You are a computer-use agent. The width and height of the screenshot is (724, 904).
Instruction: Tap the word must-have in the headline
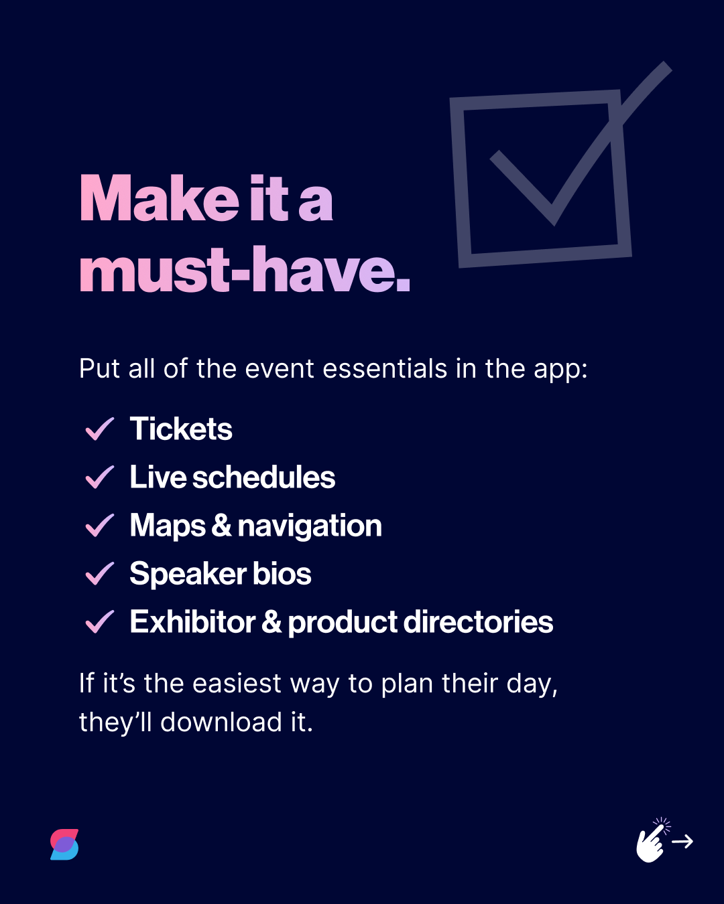(244, 270)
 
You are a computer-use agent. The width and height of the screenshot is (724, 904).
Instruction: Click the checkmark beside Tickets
(100, 429)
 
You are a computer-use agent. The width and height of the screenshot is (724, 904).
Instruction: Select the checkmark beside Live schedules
(100, 477)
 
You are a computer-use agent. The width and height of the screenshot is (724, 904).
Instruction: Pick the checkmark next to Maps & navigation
(100, 526)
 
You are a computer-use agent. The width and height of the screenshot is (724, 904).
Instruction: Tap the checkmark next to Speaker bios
(100, 574)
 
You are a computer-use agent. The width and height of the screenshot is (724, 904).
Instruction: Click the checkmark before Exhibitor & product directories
(100, 622)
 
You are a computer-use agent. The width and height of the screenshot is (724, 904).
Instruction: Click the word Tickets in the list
(181, 429)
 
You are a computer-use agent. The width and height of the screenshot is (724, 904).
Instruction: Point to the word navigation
(310, 526)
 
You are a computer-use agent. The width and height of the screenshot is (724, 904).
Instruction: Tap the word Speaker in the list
(188, 574)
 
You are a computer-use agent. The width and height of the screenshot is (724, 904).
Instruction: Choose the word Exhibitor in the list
(192, 622)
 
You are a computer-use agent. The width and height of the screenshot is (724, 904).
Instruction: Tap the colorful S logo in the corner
(64, 844)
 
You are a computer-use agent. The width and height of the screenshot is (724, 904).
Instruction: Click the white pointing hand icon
(651, 842)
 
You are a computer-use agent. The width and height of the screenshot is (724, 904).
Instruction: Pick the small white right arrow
(682, 842)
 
